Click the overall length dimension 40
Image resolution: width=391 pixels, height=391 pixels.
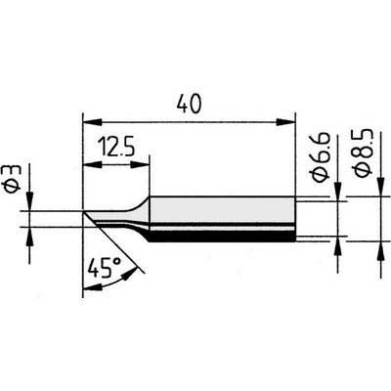[190, 104]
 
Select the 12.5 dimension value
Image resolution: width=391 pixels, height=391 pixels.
[115, 148]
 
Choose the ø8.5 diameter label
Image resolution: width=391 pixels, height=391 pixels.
[363, 153]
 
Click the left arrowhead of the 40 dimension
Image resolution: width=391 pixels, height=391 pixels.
[93, 123]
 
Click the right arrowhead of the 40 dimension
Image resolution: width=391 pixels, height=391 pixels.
[285, 123]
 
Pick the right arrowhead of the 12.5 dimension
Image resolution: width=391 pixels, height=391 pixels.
[140, 165]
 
